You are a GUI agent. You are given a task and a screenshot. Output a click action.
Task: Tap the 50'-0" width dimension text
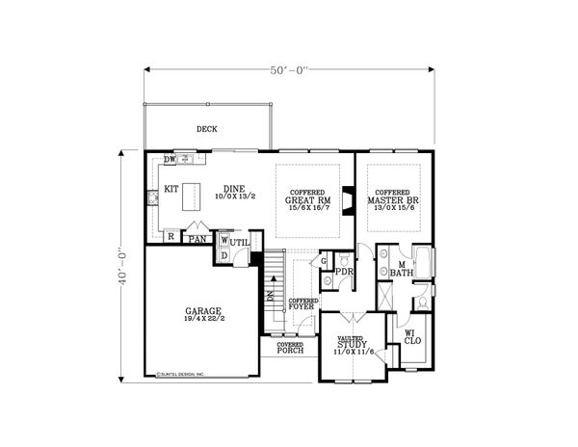pos(288,69)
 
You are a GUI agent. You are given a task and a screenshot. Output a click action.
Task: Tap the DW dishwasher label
pos(170,159)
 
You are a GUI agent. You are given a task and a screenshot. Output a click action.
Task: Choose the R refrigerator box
pos(171,235)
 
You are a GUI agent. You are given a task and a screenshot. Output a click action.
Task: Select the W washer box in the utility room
pos(223,240)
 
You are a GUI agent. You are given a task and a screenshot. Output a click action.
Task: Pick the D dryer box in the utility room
pos(223,255)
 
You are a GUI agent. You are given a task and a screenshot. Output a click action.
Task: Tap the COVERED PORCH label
pos(290,348)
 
